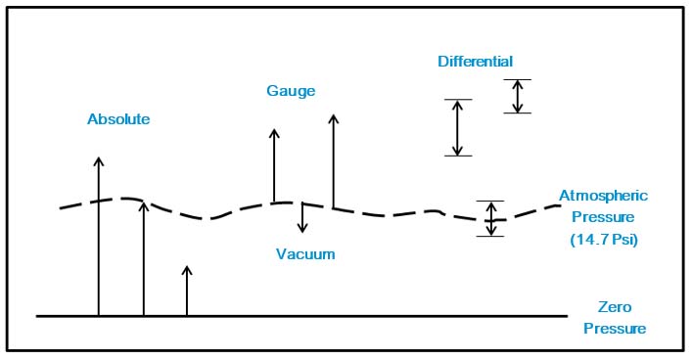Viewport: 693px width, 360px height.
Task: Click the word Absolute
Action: (118, 119)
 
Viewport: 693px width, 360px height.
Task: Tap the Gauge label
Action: (291, 91)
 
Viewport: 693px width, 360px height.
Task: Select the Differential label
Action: (476, 62)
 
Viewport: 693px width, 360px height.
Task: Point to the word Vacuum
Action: (305, 254)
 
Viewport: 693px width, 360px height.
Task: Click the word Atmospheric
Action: (603, 196)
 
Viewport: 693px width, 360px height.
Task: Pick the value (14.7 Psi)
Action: (604, 239)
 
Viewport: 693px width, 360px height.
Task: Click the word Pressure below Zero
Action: (615, 329)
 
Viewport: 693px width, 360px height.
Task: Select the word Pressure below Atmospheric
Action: (603, 217)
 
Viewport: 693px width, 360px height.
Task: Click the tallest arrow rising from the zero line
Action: (99, 235)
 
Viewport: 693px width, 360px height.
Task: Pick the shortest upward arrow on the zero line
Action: (187, 291)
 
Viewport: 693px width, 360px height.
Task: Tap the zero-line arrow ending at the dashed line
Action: (144, 259)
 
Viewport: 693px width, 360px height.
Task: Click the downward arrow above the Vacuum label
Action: (303, 217)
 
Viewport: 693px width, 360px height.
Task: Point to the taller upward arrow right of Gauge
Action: (334, 161)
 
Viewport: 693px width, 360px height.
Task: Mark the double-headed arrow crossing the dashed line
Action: (491, 218)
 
